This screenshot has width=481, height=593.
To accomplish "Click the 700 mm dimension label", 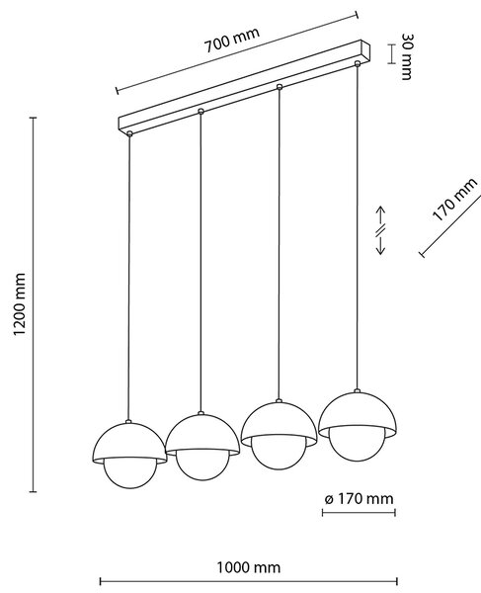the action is pos(232,40).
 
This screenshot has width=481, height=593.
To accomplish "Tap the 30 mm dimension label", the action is pos(407,56).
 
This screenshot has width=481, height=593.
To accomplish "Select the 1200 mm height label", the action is pos(19,304).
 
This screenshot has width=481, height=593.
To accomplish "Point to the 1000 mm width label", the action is pos(248,567).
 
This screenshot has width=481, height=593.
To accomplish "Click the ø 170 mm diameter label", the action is pos(359,499).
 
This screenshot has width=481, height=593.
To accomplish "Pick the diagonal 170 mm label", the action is pos(454,200).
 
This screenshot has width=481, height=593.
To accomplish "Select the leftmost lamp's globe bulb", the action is pos(130,474).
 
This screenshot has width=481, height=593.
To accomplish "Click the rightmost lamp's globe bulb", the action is pos(358,445).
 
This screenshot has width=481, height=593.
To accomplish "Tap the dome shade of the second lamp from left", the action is pos(202,435).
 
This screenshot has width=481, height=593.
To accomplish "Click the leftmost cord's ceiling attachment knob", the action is pos(129,133).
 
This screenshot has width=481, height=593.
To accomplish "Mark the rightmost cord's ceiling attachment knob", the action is pos(358,63).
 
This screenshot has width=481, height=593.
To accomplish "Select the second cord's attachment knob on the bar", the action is pos(201,111).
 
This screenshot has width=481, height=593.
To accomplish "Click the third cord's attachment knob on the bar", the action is pos(280,87).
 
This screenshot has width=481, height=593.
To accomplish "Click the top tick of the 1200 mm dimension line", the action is pos(34,118).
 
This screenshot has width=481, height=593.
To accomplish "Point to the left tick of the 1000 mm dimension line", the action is pos(100,581).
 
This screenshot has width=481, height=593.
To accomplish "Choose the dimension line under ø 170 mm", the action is pos(359,512).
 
